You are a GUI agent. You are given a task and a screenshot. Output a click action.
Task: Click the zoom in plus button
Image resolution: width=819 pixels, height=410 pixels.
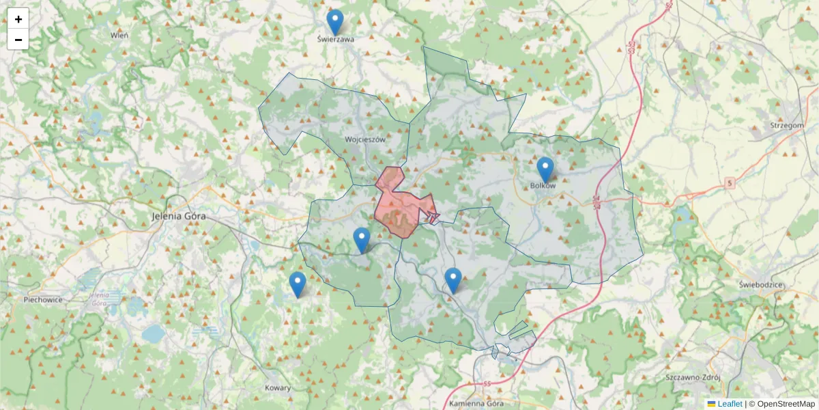pyautogui.click(x=18, y=19)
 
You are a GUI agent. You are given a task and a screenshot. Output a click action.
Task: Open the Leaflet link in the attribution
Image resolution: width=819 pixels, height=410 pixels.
pyautogui.click(x=729, y=404)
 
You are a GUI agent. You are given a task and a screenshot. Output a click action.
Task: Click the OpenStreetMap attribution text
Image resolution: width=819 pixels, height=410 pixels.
pyautogui.click(x=786, y=404)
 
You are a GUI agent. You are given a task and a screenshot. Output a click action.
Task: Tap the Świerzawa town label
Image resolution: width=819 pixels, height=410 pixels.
pyautogui.click(x=336, y=40)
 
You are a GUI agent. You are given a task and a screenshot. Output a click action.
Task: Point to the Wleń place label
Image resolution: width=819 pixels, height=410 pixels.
pyautogui.click(x=119, y=34)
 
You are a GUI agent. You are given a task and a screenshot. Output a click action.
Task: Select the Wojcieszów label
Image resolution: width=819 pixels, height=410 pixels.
pyautogui.click(x=365, y=139)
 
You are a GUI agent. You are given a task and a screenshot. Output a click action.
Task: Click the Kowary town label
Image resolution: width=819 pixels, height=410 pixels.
pyautogui.click(x=278, y=388)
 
